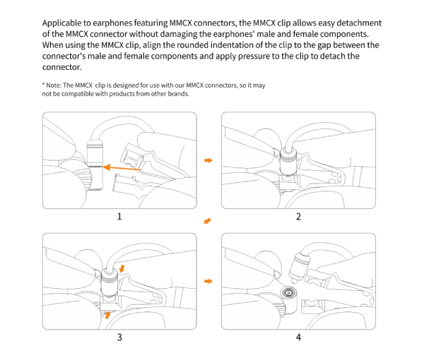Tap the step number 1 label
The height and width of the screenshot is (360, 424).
click(x=119, y=217)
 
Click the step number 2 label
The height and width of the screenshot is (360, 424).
click(x=298, y=217)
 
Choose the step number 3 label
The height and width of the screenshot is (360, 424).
click(x=119, y=337)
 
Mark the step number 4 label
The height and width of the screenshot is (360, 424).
click(x=298, y=337)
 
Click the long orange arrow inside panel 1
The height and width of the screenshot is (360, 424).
click(x=124, y=168)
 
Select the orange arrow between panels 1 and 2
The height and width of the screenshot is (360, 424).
click(x=208, y=161)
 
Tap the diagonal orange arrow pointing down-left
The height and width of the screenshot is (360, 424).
click(x=207, y=222)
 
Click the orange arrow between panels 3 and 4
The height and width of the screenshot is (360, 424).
click(x=208, y=281)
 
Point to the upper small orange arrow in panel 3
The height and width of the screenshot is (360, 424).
click(x=124, y=268)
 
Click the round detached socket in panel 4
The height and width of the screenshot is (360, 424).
click(x=288, y=292)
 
